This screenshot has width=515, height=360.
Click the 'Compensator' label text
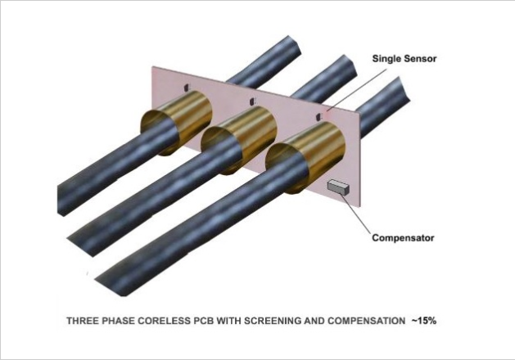point(402,239)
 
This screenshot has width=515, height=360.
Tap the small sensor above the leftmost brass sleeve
point(187,86)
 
